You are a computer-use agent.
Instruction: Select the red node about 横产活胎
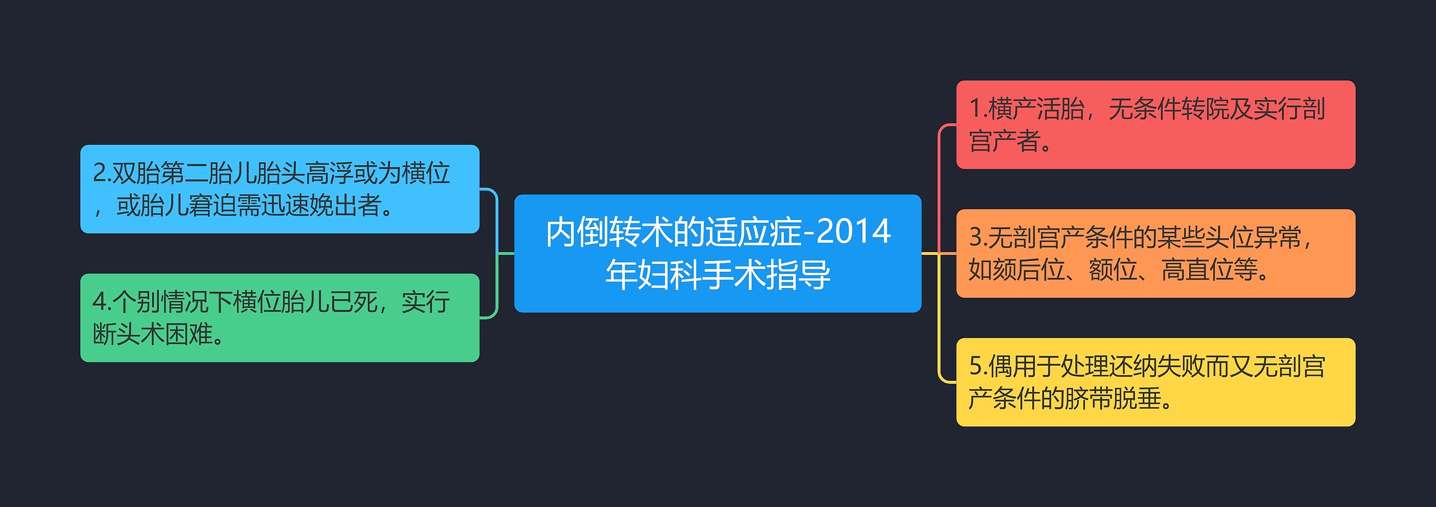click(x=1156, y=124)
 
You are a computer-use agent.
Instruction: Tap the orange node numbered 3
click(x=1156, y=253)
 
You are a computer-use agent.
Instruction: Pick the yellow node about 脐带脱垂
click(x=1156, y=382)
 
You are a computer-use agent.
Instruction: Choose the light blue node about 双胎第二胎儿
click(x=279, y=189)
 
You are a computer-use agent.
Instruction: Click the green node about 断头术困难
click(x=279, y=318)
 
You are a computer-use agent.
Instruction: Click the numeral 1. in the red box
click(x=977, y=109)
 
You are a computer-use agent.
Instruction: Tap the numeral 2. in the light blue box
click(x=101, y=173)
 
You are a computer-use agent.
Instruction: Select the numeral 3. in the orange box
click(x=977, y=237)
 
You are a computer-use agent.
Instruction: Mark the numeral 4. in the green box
click(x=101, y=302)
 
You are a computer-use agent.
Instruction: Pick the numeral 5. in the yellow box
click(x=977, y=366)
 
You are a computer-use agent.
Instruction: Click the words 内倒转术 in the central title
click(x=609, y=232)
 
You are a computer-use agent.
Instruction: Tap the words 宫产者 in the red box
click(x=1004, y=141)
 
